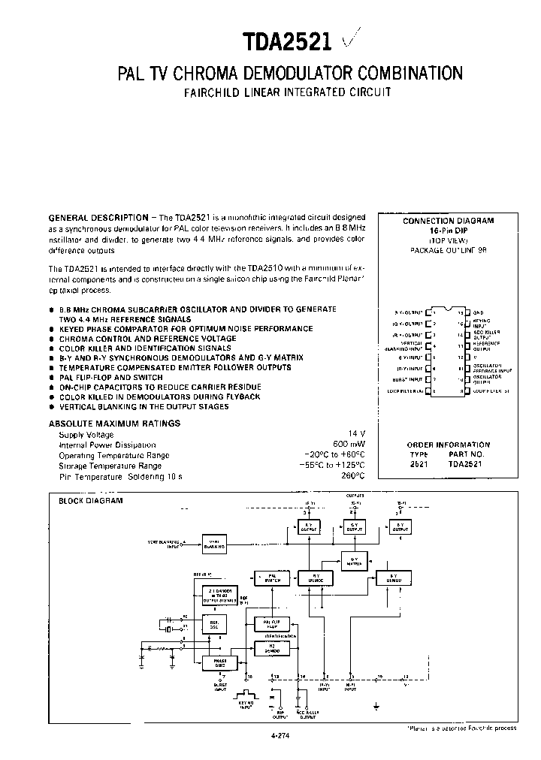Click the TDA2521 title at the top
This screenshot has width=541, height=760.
[286, 41]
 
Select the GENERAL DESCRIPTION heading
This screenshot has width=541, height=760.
[98, 217]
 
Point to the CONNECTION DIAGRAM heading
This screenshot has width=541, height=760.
[448, 221]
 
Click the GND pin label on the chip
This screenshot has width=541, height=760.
[479, 312]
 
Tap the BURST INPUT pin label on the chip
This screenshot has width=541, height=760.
[409, 381]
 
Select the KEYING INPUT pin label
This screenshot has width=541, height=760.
[482, 323]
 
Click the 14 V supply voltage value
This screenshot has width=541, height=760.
[357, 434]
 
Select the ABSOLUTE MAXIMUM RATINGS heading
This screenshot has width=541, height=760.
[114, 424]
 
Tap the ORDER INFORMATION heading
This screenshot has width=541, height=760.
[448, 445]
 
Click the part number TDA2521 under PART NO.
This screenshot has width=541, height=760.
[465, 465]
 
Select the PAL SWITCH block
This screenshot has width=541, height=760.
[272, 579]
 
